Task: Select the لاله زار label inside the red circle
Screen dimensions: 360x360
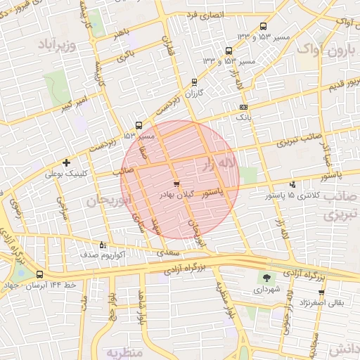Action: (217, 165)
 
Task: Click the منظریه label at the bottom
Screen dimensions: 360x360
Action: (125, 349)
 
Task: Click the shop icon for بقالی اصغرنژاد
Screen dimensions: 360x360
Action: (321, 292)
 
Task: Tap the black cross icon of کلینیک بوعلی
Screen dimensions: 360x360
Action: (67, 162)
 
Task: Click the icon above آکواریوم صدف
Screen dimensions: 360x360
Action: (103, 245)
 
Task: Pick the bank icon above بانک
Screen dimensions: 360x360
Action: (243, 107)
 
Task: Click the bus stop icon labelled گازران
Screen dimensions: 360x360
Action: (194, 82)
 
